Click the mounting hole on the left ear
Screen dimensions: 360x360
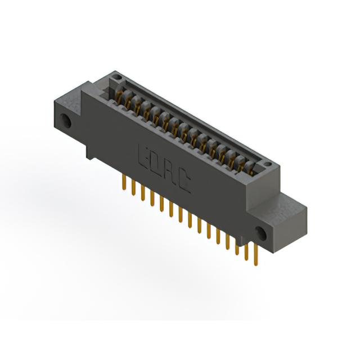point(65,120)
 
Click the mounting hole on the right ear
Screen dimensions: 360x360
point(261,233)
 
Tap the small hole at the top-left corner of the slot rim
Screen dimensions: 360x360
point(118,76)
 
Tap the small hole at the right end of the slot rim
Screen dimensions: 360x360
point(268,164)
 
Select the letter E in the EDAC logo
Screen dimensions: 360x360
point(144,155)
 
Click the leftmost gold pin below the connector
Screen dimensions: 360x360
point(124,182)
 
